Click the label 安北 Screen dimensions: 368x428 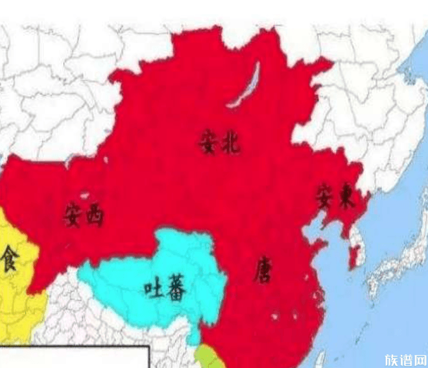point(219,142)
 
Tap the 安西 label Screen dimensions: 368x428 point(84,214)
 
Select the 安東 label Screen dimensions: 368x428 point(335,196)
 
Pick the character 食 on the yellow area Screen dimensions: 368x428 point(10,258)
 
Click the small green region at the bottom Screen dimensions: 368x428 point(209,356)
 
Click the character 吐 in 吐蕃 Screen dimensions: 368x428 point(154,288)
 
